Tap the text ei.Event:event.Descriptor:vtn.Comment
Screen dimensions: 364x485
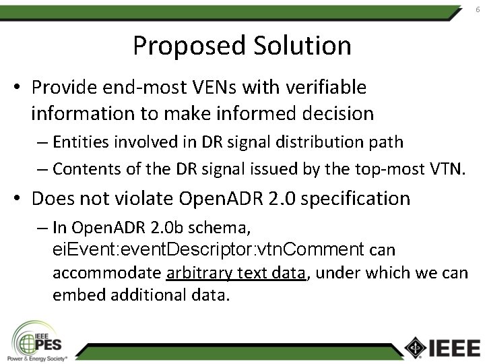(209, 249)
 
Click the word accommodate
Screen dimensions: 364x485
(106, 273)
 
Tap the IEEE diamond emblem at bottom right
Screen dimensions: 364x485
(416, 346)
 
